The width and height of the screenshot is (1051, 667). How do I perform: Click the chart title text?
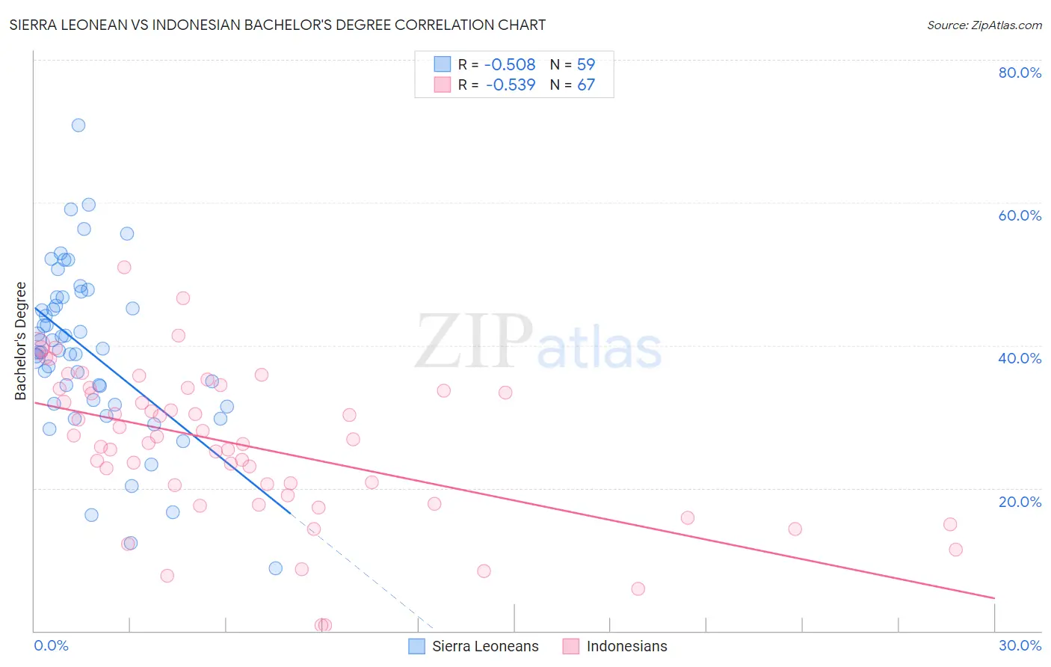277,25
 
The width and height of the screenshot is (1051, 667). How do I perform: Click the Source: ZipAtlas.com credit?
984,25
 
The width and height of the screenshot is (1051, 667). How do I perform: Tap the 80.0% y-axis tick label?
1020,73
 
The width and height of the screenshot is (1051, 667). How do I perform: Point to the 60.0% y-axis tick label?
1020,215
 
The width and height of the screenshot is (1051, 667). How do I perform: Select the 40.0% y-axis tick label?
1020,358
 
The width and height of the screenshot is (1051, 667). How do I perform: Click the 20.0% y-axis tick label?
1020,502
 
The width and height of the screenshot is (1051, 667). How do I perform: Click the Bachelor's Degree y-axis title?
21,341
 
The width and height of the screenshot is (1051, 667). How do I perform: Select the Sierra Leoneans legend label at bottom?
485,647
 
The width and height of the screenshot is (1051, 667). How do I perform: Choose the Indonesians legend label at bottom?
626,647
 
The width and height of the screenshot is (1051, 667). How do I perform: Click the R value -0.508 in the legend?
510,65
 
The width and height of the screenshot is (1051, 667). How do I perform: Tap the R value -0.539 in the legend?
511,85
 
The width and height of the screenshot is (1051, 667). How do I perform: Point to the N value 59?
586,65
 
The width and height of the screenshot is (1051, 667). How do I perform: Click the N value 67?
586,85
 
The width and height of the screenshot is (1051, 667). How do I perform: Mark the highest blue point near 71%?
78,125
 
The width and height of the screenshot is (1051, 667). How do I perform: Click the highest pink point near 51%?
124,267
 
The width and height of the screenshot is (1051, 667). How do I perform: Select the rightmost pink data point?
955,550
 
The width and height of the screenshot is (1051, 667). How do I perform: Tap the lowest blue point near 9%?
276,568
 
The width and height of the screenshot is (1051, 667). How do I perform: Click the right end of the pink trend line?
994,598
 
